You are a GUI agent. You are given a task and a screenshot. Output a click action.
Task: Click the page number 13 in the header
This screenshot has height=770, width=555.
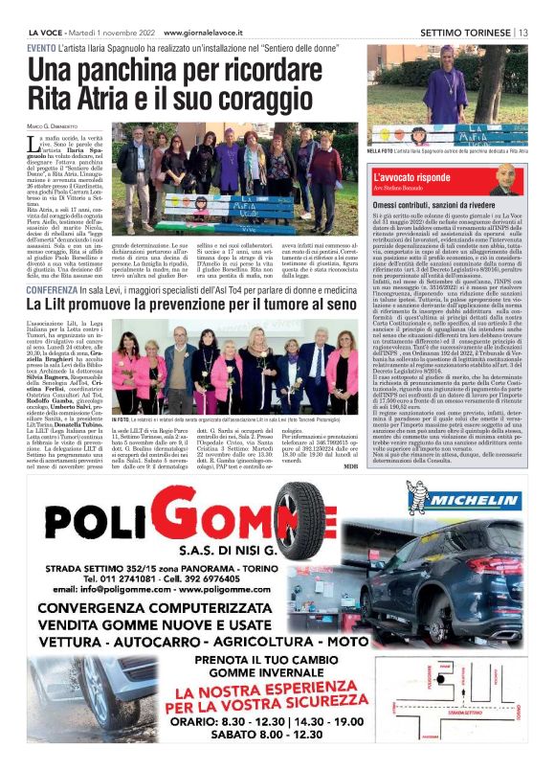point(523,31)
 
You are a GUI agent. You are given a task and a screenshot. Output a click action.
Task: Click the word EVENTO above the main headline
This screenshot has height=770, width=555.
point(40,47)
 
